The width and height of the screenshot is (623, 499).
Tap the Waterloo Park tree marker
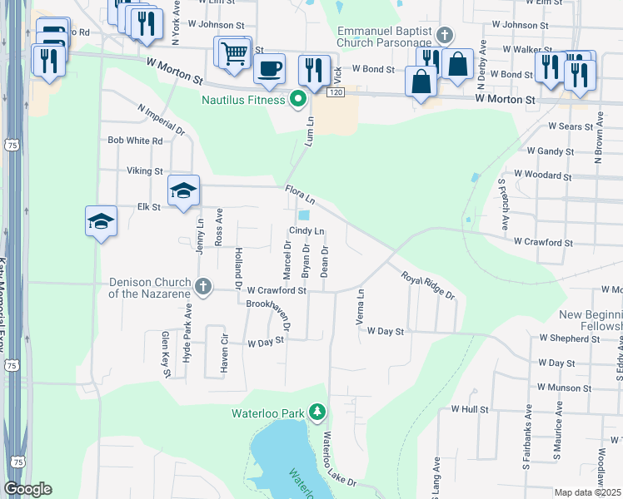pos(317,412)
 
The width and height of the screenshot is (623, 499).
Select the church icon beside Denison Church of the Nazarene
pos(202,287)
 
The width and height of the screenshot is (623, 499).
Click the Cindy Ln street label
pos(307,231)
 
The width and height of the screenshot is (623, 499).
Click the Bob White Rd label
pos(135,141)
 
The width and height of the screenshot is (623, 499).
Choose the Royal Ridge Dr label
pos(428,285)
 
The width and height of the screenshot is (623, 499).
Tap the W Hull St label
pos(469,409)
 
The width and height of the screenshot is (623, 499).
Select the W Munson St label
pos(564,388)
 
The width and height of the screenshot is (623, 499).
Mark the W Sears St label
pos(570,127)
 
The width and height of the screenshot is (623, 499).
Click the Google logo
pos(27,489)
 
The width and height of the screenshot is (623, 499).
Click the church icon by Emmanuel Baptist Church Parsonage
pos(444,35)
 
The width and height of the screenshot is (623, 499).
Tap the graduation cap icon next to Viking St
pos(184,190)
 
